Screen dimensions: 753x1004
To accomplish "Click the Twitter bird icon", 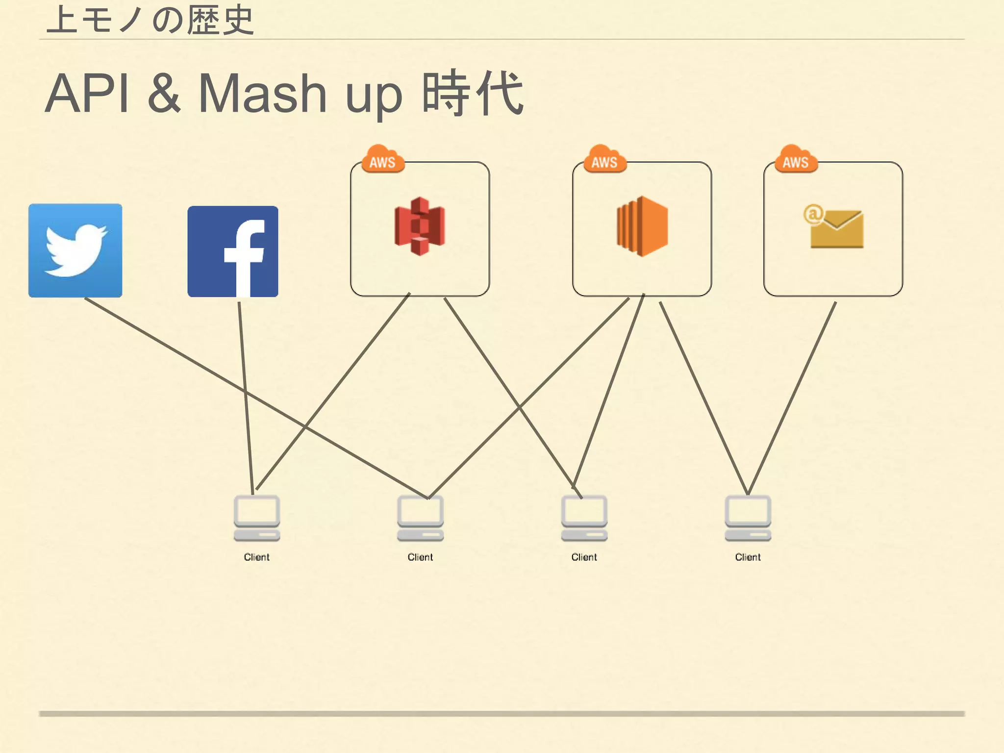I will click(x=75, y=251).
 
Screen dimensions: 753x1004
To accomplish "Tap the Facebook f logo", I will click(x=233, y=251).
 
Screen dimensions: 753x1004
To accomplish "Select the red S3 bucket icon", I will click(x=420, y=226).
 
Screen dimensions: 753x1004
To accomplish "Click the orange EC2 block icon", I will click(x=642, y=226).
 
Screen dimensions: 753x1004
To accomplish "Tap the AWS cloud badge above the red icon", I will click(x=383, y=159).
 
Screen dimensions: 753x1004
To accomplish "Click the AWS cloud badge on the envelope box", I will click(x=796, y=159).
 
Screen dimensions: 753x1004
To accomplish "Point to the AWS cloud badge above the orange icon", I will click(x=605, y=159).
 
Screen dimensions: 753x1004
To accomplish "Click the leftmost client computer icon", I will click(x=256, y=518).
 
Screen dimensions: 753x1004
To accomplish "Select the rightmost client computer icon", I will click(x=748, y=518).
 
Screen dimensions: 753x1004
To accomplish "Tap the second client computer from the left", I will click(x=420, y=518).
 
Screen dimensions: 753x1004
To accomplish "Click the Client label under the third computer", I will click(x=584, y=557).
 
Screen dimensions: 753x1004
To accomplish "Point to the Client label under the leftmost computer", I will click(x=256, y=557).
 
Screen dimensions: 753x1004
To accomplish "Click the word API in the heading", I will click(x=87, y=94).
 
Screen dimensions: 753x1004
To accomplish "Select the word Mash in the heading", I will click(x=262, y=94).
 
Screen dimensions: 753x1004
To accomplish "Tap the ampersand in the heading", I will click(x=164, y=94).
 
